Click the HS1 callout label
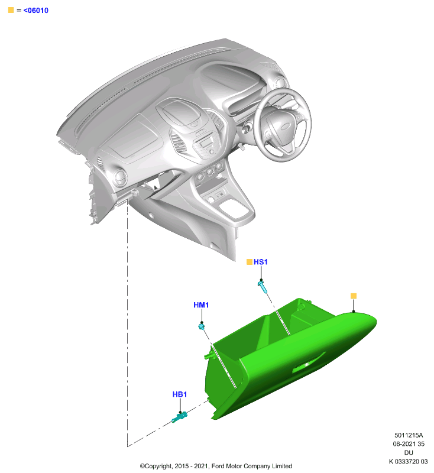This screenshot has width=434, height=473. coord(260,262)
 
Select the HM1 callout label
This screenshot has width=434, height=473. coord(201,305)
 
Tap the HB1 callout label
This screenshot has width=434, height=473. coord(179,394)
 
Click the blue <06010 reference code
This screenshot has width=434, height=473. coord(35,10)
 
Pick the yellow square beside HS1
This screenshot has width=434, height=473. coord(250,262)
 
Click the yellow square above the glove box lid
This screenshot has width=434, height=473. coord(354,296)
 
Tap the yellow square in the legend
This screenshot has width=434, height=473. coord(11,10)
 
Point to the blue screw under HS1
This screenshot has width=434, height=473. coord(263,287)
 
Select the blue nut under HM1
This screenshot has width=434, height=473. coord(202,326)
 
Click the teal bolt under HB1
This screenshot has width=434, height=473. coord(179,417)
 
